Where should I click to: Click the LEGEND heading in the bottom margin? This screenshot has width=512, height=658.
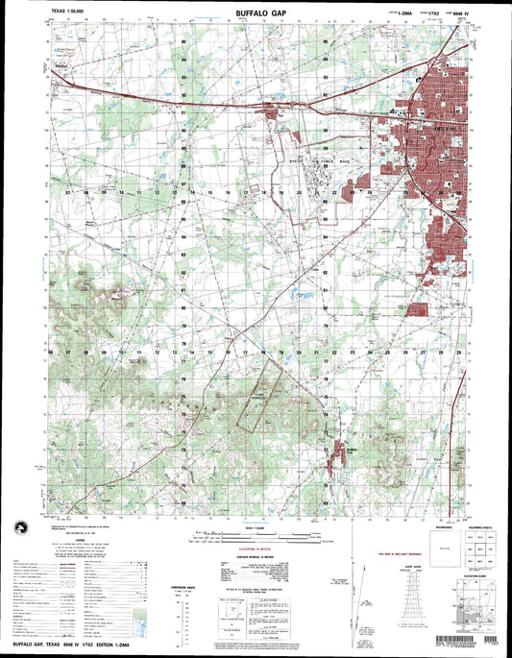tap(74, 538)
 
